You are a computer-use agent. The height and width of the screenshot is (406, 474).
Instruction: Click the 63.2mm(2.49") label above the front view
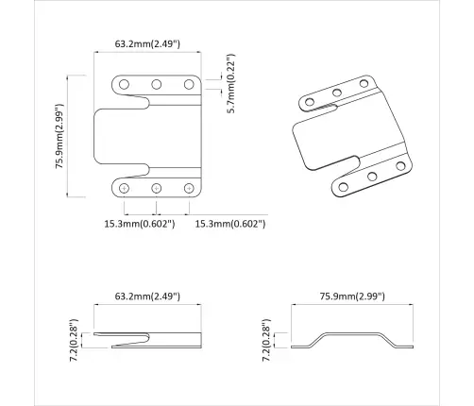click(146, 43)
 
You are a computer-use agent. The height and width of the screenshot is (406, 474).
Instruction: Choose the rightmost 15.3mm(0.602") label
click(230, 224)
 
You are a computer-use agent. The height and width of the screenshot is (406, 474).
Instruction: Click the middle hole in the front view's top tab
click(157, 85)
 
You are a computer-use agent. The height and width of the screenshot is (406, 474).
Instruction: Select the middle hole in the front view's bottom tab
click(157, 188)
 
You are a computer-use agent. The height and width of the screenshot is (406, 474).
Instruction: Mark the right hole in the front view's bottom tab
click(189, 188)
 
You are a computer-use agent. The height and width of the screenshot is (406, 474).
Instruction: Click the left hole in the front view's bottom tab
click(125, 188)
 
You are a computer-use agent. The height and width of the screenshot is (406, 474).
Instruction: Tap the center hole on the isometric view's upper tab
click(337, 93)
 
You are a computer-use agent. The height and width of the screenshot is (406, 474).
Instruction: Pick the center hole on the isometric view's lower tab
click(373, 178)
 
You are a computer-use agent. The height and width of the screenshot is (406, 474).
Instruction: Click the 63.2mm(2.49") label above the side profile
click(146, 296)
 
